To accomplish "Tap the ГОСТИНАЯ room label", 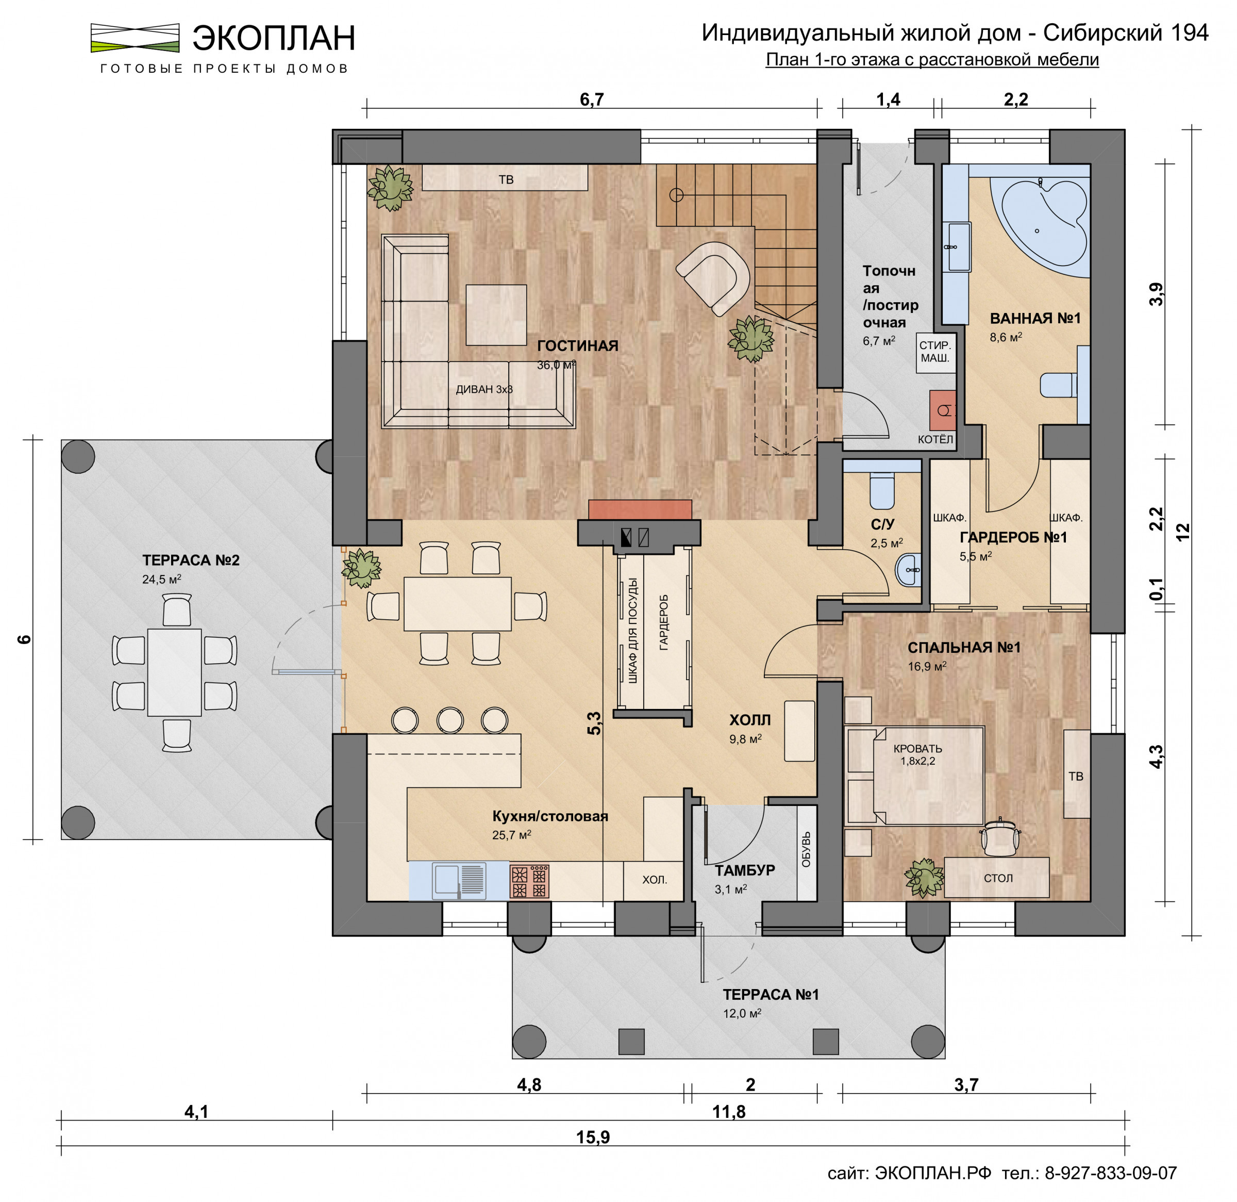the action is tap(577, 345).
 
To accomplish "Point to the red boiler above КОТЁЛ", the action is tap(942, 411).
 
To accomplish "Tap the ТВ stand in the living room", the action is tap(505, 178).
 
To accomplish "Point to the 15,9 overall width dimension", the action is tap(593, 1137).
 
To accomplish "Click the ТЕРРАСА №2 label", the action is tap(191, 560).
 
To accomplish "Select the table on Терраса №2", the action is tap(175, 672).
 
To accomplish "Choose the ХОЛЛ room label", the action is tap(750, 720).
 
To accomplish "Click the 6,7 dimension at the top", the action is tap(592, 100).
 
